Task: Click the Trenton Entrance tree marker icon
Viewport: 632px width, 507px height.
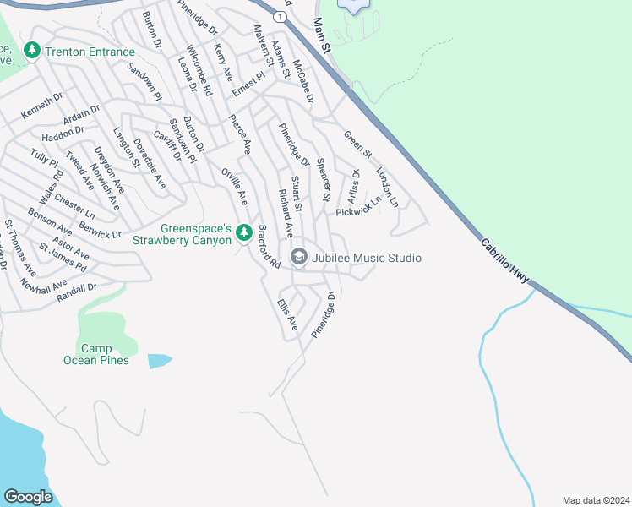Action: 33,51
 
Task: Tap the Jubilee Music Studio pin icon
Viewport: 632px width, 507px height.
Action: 298,257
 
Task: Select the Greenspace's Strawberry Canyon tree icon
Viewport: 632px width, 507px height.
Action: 244,231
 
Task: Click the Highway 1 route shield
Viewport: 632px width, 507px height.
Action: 278,16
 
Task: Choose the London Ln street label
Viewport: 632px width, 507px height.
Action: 387,187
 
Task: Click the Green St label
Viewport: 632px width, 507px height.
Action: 357,143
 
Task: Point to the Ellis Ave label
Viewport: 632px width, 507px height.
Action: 287,313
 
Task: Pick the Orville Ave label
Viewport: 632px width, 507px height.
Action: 234,186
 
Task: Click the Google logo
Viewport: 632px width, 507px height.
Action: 28,496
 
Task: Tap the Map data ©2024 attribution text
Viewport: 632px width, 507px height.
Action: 595,499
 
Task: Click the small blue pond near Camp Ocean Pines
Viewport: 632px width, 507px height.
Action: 160,361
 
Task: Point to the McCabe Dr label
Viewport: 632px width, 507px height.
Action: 303,81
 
